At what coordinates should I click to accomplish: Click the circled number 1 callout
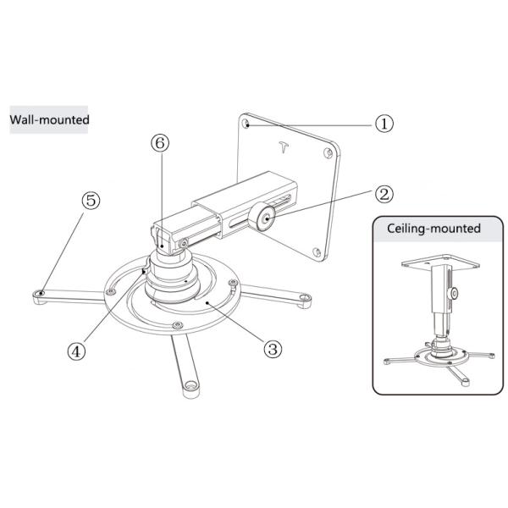pyautogui.click(x=384, y=123)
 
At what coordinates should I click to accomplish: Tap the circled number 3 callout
pyautogui.click(x=272, y=347)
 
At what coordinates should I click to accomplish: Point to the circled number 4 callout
pyautogui.click(x=76, y=349)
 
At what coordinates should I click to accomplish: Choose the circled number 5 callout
pyautogui.click(x=90, y=201)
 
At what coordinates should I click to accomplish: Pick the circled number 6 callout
pyautogui.click(x=158, y=145)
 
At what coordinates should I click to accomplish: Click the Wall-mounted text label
pyautogui.click(x=49, y=119)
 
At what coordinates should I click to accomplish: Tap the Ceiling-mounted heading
pyautogui.click(x=433, y=229)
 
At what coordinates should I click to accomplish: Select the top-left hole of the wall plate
pyautogui.click(x=246, y=124)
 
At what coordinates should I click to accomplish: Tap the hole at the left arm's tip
pyautogui.click(x=41, y=292)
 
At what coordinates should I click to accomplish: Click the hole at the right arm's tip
pyautogui.click(x=304, y=297)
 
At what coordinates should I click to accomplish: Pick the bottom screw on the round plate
pyautogui.click(x=175, y=326)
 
